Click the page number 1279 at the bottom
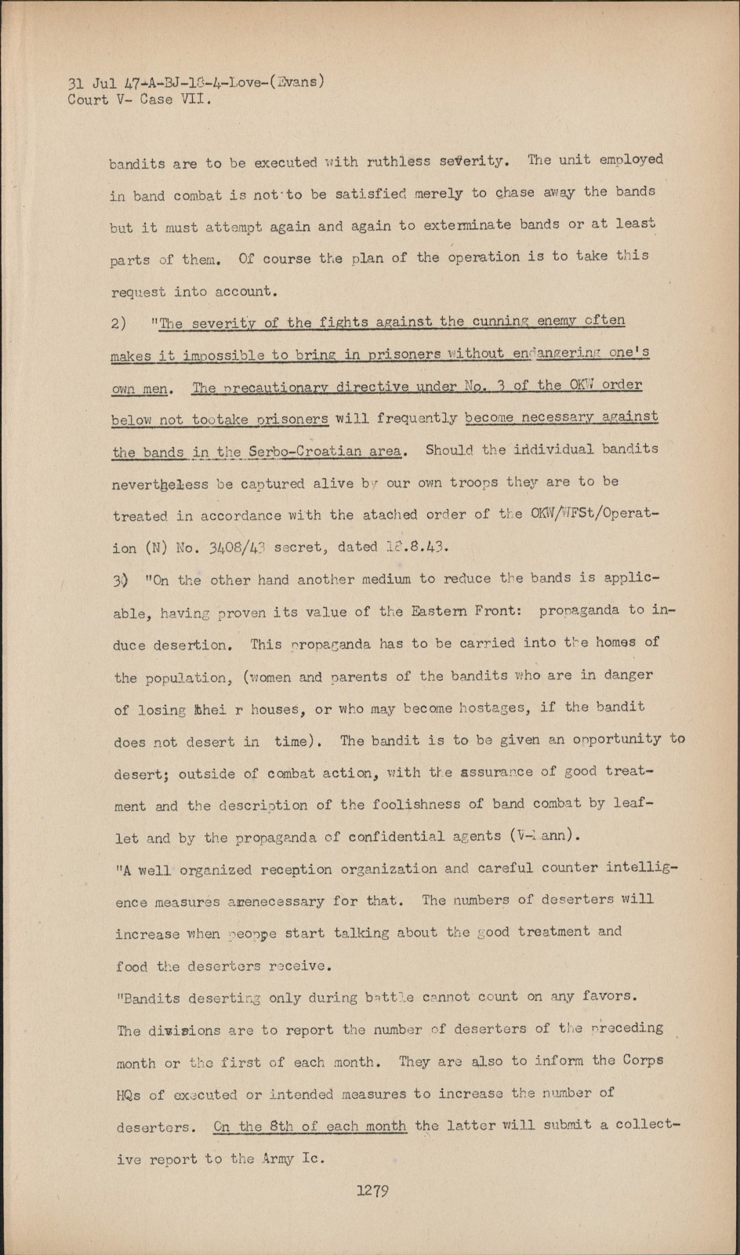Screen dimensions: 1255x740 (x=373, y=1190)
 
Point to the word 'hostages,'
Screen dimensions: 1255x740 (x=489, y=708)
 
